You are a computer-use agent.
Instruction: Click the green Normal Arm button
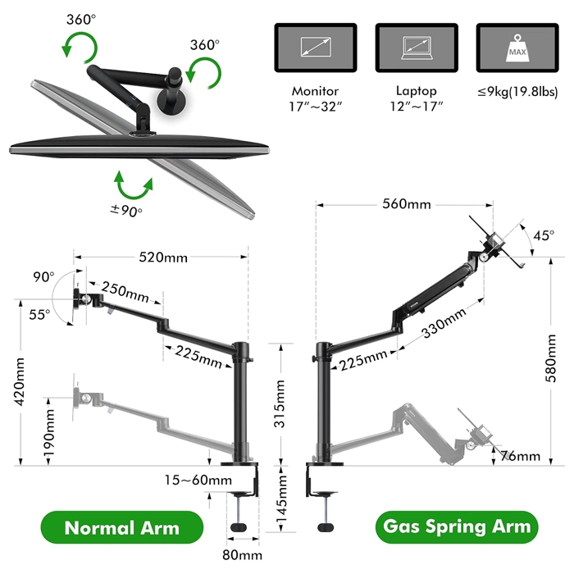click(121, 527)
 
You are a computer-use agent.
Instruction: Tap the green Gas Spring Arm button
click(456, 526)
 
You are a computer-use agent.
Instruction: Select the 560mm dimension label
click(405, 204)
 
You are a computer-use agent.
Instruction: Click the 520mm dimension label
click(163, 257)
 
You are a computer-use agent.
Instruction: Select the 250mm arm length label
click(125, 292)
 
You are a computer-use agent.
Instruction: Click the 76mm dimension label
click(522, 456)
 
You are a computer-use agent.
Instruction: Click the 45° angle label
click(542, 236)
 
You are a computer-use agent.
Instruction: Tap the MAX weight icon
click(516, 48)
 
